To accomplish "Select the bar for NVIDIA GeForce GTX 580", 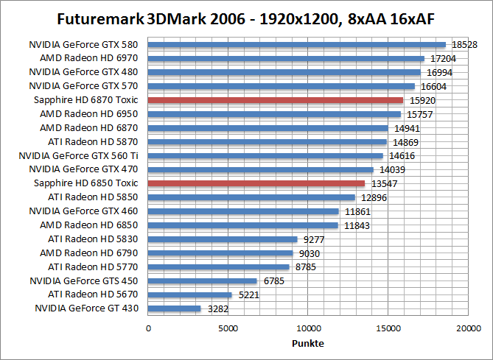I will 297,44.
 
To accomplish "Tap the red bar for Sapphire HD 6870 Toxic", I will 276,99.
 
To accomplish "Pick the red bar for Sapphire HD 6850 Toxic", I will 256,183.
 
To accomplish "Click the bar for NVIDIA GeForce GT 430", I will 175,308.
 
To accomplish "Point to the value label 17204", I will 441,58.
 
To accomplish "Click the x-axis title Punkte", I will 308,344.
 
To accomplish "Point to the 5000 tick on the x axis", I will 228,328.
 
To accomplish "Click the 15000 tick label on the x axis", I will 388,328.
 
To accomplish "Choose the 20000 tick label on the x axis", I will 468,328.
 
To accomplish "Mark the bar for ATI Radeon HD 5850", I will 251,197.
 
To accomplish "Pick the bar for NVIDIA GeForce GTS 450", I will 203,280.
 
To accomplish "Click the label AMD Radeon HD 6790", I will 93,253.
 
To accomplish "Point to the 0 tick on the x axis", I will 149,328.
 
